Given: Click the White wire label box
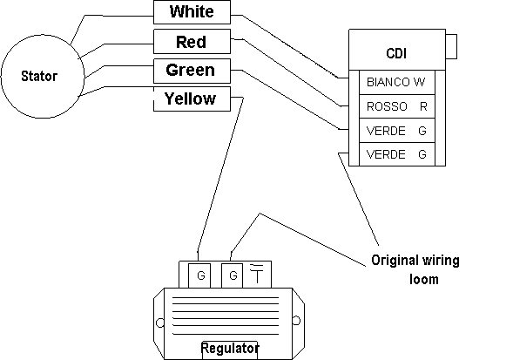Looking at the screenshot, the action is pyautogui.click(x=192, y=12).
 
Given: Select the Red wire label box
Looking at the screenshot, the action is pyautogui.click(x=192, y=42).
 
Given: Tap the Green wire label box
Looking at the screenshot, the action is pyautogui.click(x=192, y=71).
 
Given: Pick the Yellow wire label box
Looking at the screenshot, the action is pyautogui.click(x=192, y=98).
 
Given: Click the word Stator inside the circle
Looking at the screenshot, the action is pyautogui.click(x=39, y=76).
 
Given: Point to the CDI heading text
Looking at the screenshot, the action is pyautogui.click(x=396, y=53).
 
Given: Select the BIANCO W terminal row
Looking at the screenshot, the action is pyautogui.click(x=397, y=82).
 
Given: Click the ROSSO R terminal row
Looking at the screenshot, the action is pyautogui.click(x=397, y=106).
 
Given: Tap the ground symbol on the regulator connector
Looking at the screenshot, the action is pyautogui.click(x=257, y=273).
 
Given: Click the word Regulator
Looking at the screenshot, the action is pyautogui.click(x=230, y=348).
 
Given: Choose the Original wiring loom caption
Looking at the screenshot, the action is pyautogui.click(x=415, y=269).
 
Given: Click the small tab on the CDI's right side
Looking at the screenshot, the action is pyautogui.click(x=451, y=46).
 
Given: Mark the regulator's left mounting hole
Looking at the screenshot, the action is pyautogui.click(x=160, y=323).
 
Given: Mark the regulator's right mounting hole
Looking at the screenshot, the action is pyautogui.click(x=296, y=321).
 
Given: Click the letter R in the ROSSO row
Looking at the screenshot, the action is pyautogui.click(x=423, y=106).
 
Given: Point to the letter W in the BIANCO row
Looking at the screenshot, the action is pyautogui.click(x=419, y=82).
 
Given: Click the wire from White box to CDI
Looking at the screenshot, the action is pyautogui.click(x=290, y=45).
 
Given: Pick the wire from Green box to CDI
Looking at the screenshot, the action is pyautogui.click(x=290, y=99).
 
